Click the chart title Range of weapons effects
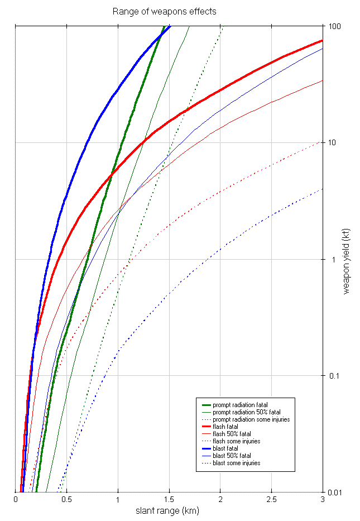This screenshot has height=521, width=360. coord(164,11)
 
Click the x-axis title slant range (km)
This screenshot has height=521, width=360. coord(167,511)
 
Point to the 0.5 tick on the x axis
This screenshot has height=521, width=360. coord(67,499)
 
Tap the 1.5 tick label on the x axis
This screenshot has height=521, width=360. coord(169,499)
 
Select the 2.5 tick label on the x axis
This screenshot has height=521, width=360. coord(271,499)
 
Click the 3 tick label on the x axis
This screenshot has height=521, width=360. coord(323,499)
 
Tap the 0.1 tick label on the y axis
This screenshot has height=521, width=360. coord(334,375)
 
